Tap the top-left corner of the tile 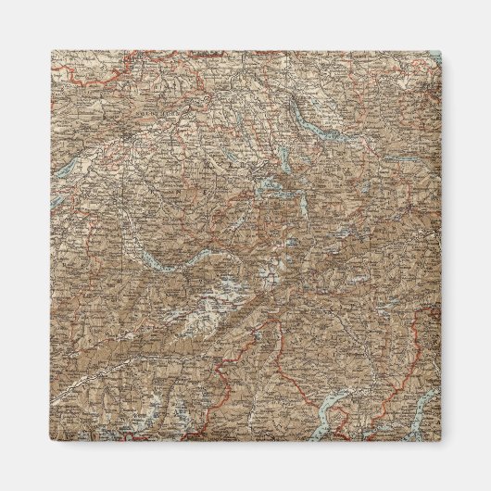coord(52,52)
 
